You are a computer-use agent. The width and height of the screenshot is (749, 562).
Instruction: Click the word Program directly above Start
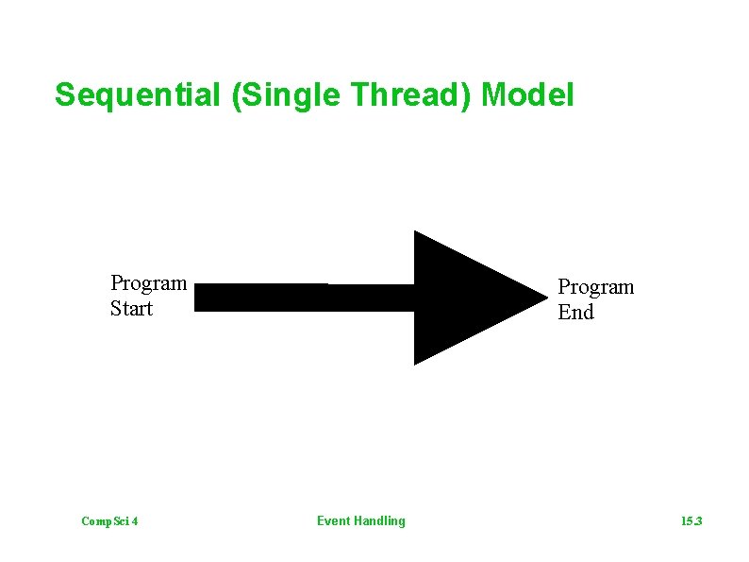(x=148, y=283)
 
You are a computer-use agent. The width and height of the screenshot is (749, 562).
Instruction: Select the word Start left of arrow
(x=131, y=309)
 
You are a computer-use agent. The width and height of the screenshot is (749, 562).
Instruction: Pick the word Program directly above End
(x=595, y=287)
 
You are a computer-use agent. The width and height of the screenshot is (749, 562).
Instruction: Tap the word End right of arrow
(x=575, y=313)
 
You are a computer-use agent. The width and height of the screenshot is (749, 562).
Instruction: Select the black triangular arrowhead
(x=462, y=298)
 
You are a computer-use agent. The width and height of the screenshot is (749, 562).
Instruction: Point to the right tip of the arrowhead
(x=547, y=298)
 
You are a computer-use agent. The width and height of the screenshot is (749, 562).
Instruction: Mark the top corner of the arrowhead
(x=416, y=232)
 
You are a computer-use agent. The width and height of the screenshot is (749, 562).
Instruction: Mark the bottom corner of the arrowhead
(x=416, y=363)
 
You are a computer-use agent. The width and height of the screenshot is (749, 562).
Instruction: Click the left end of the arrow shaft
(x=197, y=298)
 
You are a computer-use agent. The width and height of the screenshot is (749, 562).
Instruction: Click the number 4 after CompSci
(x=136, y=521)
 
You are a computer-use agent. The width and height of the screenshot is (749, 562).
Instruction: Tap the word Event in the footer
(x=333, y=521)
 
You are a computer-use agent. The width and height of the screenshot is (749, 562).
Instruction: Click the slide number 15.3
(x=692, y=521)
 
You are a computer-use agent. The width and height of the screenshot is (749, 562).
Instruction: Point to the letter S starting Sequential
(x=64, y=95)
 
